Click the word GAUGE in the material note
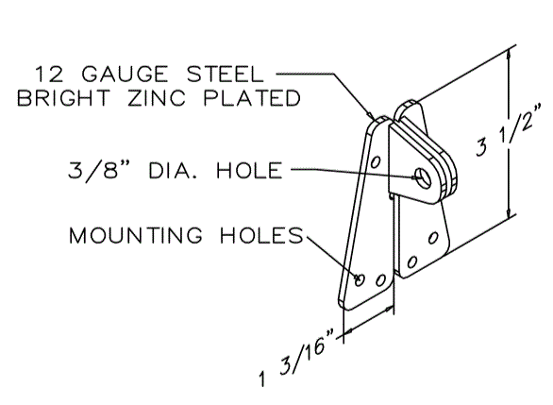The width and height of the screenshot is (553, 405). point(125,74)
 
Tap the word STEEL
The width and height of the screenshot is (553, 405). point(225,74)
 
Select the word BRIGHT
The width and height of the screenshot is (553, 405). point(64,98)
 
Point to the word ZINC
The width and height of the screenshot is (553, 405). point(157,98)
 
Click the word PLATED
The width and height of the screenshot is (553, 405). point(252,98)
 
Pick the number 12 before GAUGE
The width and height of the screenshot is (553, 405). point(49,74)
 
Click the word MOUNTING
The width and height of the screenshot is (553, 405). point(136,235)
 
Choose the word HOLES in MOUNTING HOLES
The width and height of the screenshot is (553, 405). point(261,235)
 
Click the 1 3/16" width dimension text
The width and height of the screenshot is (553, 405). point(295,358)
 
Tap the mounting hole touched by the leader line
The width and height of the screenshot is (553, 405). point(360,280)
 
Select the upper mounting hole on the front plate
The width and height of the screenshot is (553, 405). point(376,161)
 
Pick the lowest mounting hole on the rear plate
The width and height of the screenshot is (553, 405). point(412,262)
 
